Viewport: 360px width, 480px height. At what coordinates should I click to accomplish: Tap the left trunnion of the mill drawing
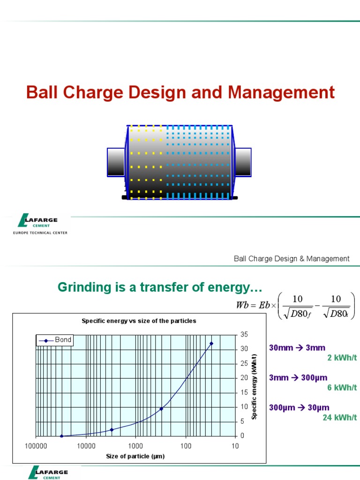point(116,162)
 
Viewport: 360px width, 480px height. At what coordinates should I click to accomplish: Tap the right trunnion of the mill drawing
point(243,162)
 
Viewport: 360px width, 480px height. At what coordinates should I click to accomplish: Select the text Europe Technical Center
point(40,232)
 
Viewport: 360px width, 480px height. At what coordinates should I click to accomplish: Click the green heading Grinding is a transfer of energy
point(159,286)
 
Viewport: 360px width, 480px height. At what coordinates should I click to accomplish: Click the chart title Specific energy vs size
point(139,321)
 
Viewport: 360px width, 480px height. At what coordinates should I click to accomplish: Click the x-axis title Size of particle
point(135,456)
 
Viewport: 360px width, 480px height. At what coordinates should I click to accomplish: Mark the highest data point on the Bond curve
point(211,344)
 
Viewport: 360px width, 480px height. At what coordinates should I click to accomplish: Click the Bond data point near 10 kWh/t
point(161,409)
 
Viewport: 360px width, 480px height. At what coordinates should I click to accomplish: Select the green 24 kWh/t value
point(339,417)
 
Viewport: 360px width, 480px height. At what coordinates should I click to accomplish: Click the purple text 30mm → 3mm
point(297,348)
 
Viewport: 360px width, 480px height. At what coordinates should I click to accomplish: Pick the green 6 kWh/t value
point(342,388)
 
